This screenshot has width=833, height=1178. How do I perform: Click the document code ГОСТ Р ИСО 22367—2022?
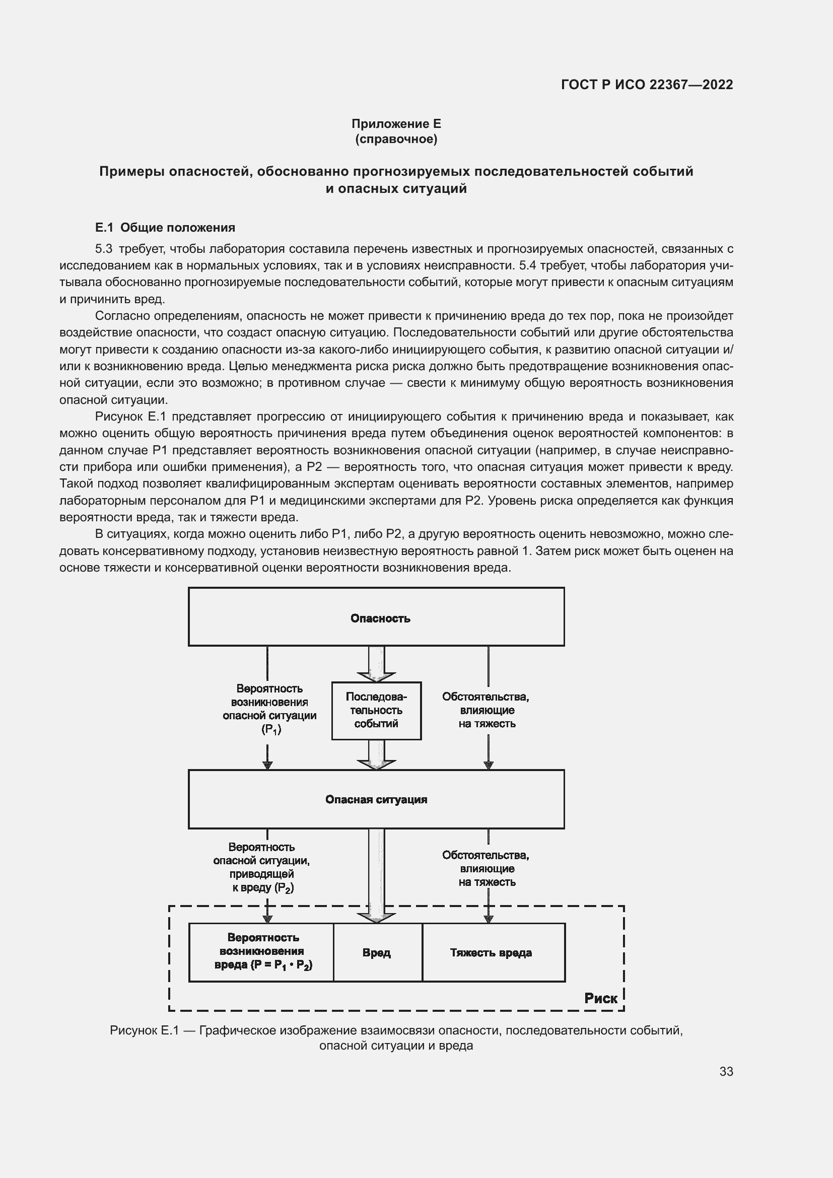647,85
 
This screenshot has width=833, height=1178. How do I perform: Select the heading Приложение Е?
396,124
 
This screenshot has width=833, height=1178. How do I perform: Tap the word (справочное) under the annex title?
396,139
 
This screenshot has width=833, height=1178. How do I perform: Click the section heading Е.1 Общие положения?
165,227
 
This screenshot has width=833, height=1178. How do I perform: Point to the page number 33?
726,1071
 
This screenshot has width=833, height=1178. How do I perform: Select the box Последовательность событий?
377,711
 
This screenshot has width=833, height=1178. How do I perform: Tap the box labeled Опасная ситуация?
377,799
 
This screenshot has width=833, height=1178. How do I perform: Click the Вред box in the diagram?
377,953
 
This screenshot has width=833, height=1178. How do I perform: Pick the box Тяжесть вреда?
492,953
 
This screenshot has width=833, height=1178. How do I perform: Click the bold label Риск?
601,998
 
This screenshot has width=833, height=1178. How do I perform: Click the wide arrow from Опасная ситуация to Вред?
377,872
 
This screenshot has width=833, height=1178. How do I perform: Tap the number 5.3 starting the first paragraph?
104,249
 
